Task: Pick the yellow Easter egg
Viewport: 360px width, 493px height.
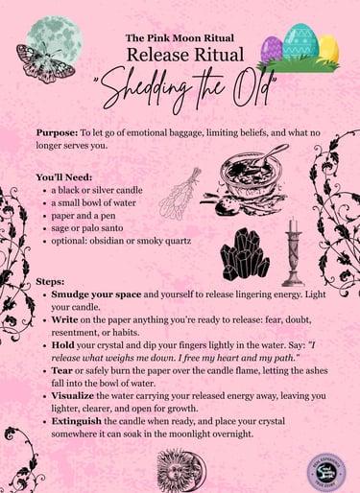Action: [x=329, y=47]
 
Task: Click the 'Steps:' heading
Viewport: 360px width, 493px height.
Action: [x=52, y=282]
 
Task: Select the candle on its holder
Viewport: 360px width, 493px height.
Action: [x=292, y=249]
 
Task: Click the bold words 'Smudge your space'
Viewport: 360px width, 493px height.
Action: [x=98, y=295]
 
